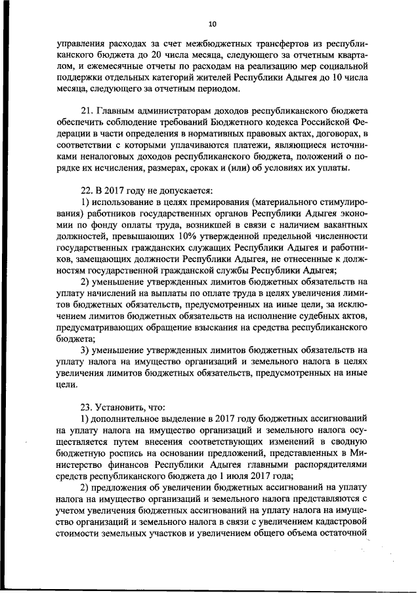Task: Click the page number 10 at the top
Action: pyautogui.click(x=211, y=24)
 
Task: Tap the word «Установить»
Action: pyautogui.click(x=124, y=406)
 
